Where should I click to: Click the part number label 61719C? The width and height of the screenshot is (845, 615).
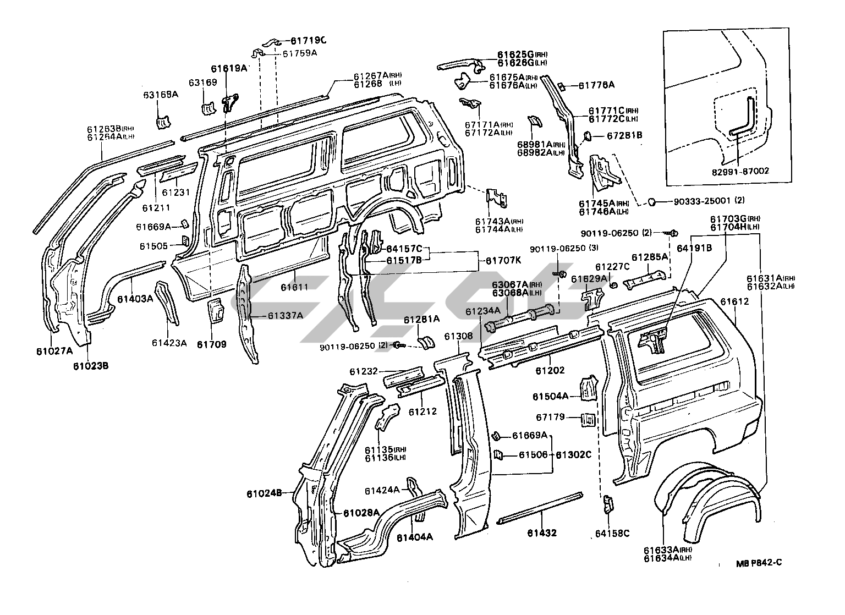coord(308,40)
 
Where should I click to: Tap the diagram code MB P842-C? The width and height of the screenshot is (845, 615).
coord(759,563)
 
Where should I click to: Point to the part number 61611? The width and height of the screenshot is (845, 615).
coord(295,287)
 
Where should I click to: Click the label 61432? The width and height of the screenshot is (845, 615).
coord(542,532)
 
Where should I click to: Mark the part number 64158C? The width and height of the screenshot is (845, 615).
coord(612,533)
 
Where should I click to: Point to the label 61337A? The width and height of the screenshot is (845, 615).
coord(286,316)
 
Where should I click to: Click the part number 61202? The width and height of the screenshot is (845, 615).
coord(550,371)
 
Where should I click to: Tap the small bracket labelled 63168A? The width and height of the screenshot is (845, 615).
coord(163,121)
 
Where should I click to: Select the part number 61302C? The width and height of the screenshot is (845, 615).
coord(573,455)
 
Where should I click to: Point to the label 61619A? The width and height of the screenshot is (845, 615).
coord(228,69)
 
